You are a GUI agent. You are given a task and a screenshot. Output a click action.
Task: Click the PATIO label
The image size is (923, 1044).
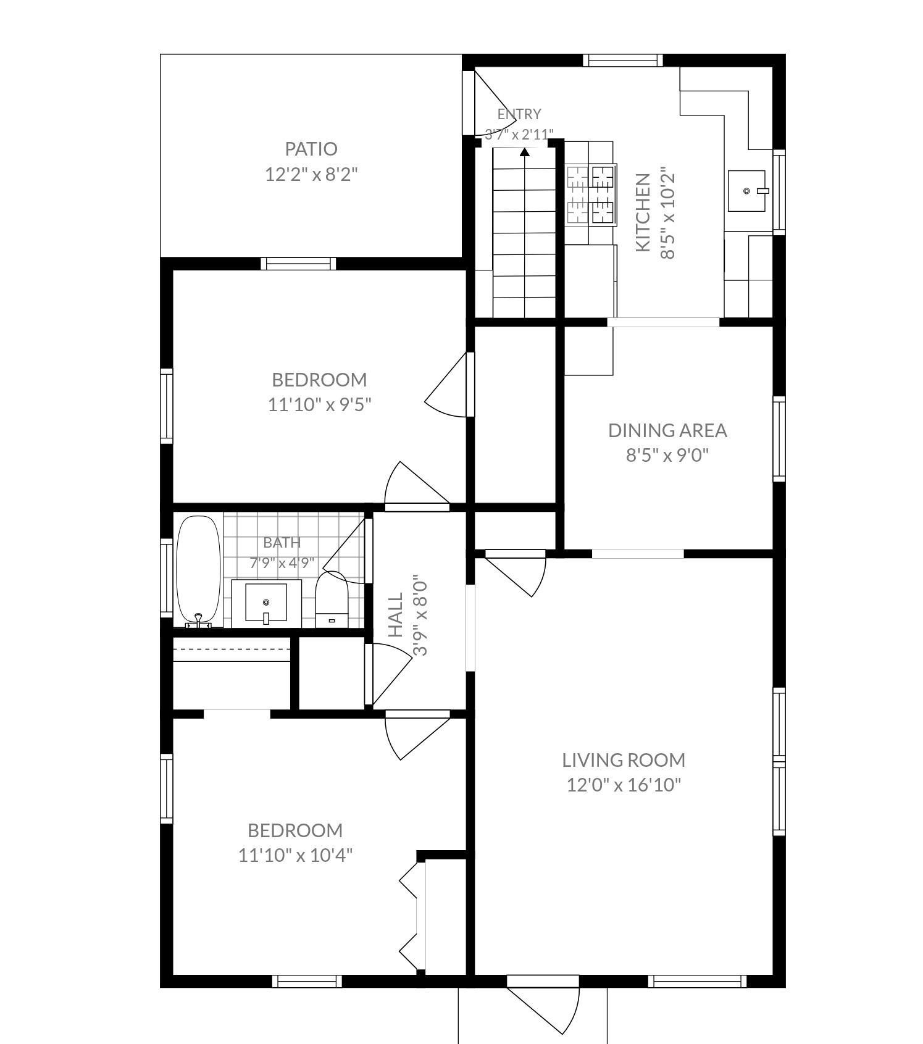click(311, 149)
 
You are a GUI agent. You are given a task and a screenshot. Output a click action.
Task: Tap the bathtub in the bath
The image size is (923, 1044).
click(198, 570)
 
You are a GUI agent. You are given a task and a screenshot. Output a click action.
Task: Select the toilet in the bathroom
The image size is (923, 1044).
click(332, 599)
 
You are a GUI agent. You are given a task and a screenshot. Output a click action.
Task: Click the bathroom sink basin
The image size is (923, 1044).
click(266, 603)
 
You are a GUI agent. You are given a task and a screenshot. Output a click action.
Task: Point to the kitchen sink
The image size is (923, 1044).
click(748, 191)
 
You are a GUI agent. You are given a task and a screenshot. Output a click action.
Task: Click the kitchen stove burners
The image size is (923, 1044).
click(591, 194)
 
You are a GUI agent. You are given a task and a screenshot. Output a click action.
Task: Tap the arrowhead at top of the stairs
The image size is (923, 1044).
click(525, 152)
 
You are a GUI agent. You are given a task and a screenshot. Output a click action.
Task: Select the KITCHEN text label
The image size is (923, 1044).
click(643, 212)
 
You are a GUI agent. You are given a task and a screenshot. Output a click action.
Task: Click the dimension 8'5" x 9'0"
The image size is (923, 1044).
click(667, 456)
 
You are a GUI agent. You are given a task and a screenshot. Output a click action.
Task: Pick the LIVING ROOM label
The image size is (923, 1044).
click(624, 760)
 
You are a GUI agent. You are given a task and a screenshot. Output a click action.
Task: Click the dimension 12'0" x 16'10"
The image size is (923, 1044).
click(624, 785)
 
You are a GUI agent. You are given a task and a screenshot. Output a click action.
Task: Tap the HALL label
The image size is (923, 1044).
click(396, 615)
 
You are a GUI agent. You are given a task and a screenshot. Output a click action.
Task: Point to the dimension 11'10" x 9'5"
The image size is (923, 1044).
click(319, 405)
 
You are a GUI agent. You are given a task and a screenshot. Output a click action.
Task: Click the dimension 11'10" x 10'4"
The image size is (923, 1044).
click(296, 856)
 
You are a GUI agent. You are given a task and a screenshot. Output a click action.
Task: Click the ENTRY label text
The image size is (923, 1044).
click(519, 114)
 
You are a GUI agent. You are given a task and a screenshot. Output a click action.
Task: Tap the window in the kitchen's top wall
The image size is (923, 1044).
click(622, 61)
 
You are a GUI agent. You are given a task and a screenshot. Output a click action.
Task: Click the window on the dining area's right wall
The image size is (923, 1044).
click(779, 439)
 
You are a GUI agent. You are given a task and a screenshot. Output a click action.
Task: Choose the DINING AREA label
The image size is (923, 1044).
click(667, 430)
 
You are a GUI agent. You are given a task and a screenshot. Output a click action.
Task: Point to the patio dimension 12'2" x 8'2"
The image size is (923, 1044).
click(311, 174)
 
